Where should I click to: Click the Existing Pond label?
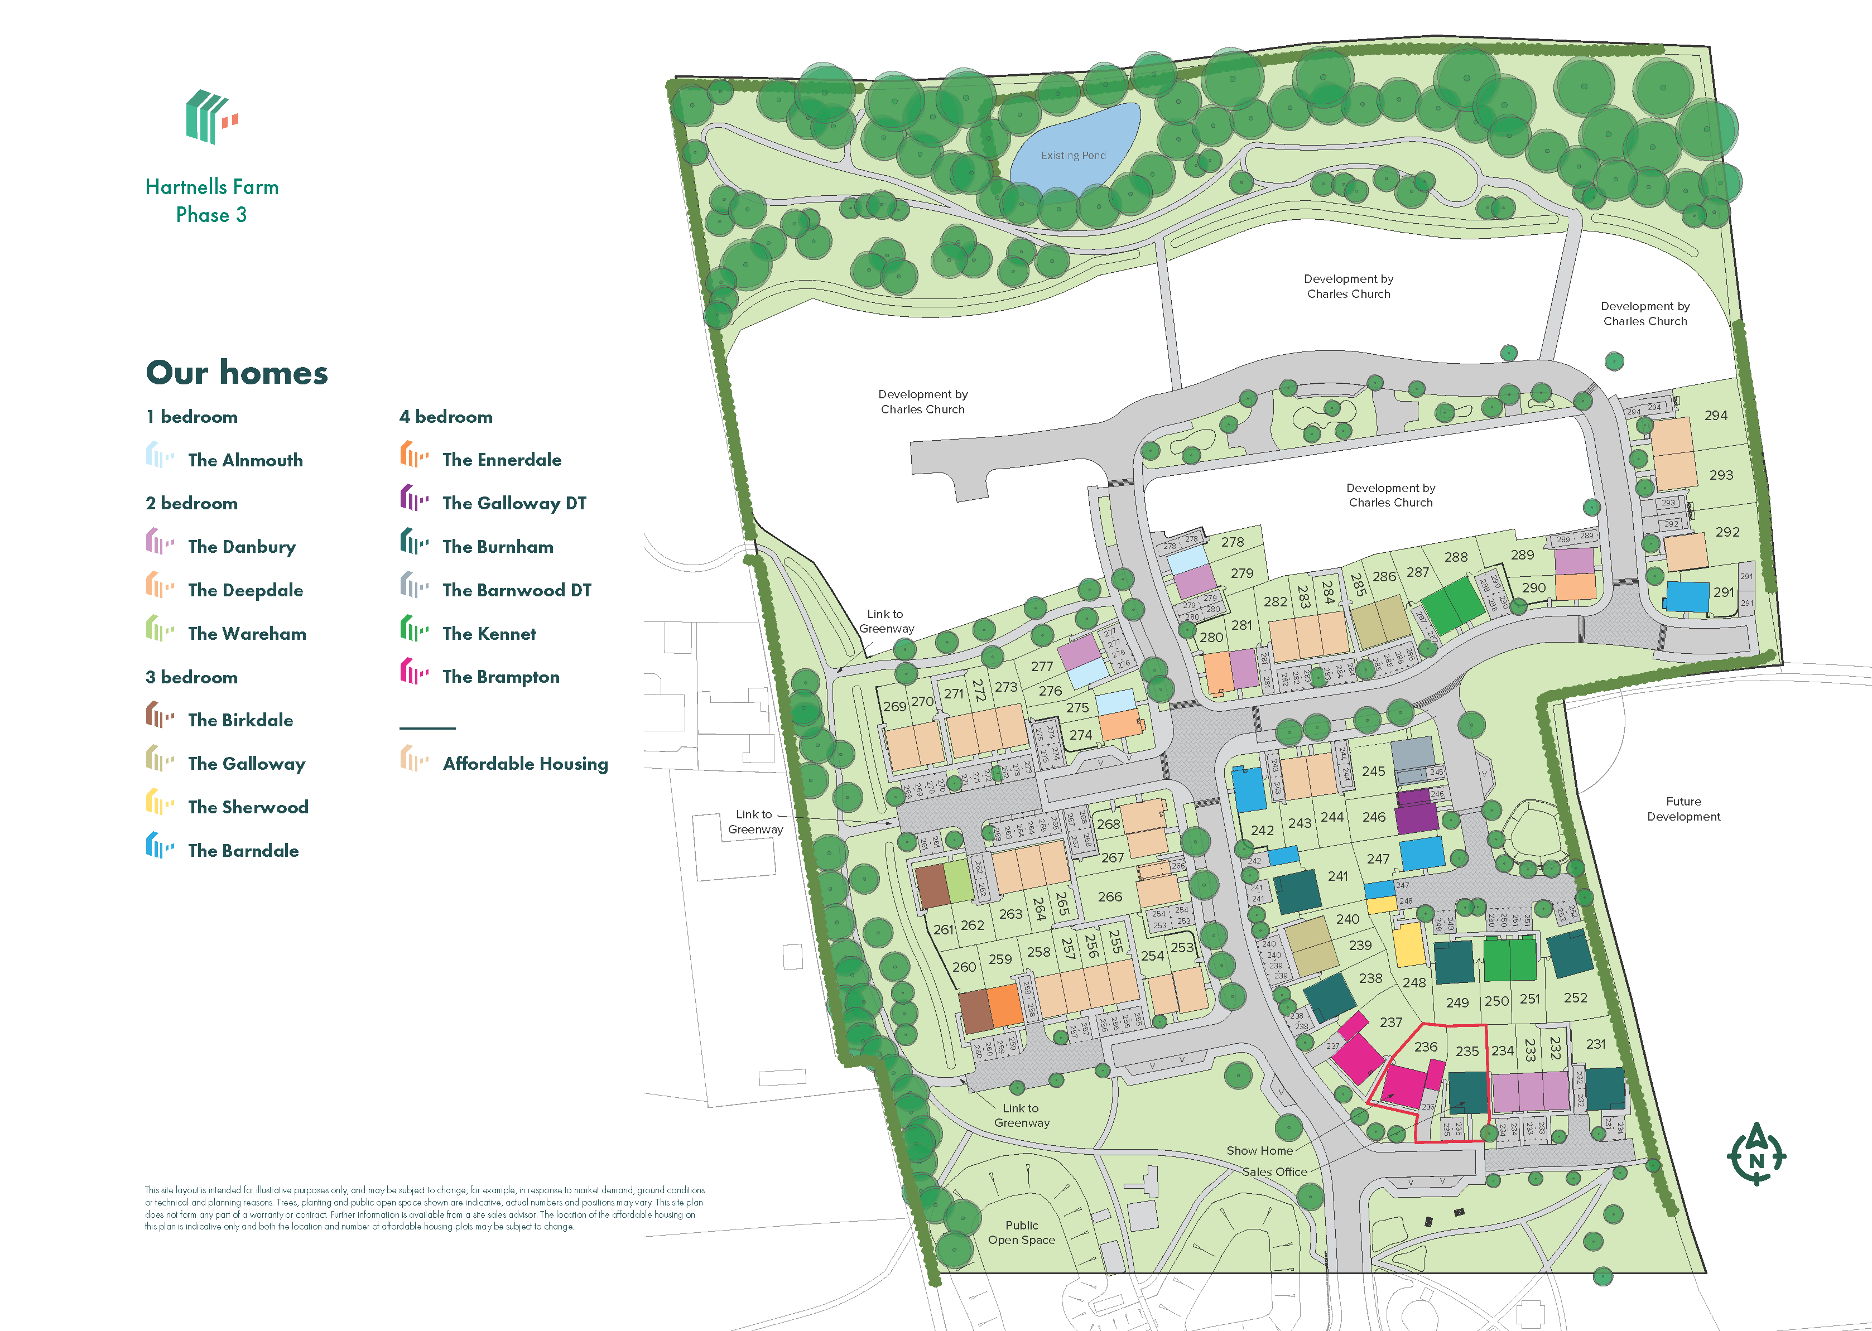(1073, 156)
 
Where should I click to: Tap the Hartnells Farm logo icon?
(211, 117)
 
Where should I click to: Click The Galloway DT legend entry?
(514, 503)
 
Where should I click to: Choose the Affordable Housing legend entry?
(524, 764)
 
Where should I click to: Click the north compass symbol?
(1755, 1154)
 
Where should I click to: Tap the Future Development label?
(1683, 809)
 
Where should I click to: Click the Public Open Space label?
(1021, 1233)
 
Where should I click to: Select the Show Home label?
(1259, 1151)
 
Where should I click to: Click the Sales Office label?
(1274, 1172)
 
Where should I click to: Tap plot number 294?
(1715, 416)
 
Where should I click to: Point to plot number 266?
(1110, 896)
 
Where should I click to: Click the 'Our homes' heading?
(237, 373)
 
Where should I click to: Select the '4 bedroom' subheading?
(446, 417)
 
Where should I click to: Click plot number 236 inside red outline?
(1425, 1047)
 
